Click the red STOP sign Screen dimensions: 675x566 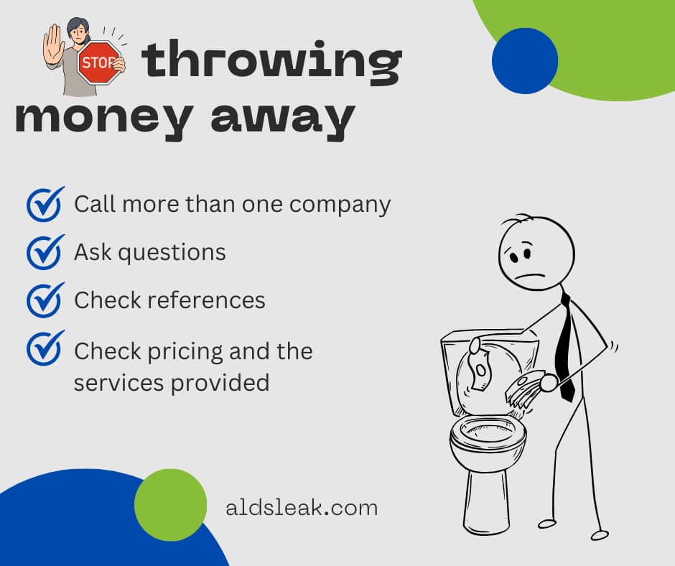click(99, 62)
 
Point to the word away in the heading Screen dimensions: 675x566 click(283, 119)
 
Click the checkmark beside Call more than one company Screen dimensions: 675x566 click(45, 204)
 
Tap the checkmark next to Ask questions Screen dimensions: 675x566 click(45, 252)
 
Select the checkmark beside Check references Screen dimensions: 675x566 click(45, 300)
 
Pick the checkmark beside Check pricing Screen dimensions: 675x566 click(45, 348)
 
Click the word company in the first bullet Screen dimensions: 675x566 click(340, 205)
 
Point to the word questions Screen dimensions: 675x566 click(172, 253)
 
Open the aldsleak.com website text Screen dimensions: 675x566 click(302, 509)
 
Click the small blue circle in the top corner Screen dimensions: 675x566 click(525, 61)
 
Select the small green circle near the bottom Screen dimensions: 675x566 click(170, 505)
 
